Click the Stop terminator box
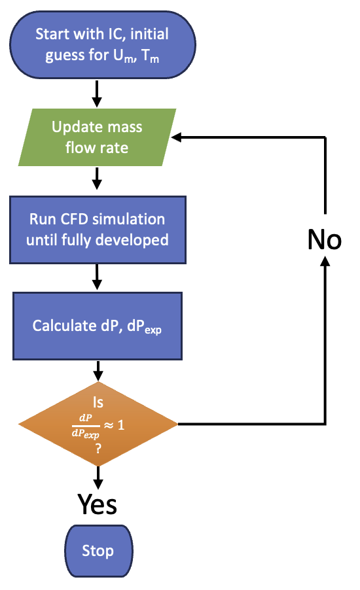pos(99,551)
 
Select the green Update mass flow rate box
pos(97,137)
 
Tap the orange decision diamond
pos(98,424)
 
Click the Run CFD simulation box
pos(98,230)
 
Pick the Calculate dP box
pos(98,326)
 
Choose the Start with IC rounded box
pos(102,44)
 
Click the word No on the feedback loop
pos(324,239)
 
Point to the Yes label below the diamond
pos(97,504)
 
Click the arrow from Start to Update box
pos(97,94)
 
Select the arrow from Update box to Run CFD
pos(97,179)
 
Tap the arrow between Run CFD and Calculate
pos(97,277)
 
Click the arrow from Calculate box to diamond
pos(98,371)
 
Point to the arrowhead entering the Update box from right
pos(176,137)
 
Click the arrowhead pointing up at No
pos(325,261)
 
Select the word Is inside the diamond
pos(98,402)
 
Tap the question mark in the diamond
pos(98,449)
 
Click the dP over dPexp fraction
pos(86,426)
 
